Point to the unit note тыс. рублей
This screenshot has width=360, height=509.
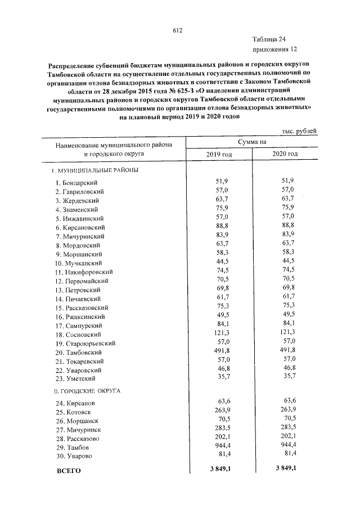(299, 130)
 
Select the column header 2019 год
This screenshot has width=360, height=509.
(219, 154)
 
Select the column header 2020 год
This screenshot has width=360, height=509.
(285, 154)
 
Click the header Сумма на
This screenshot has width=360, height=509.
(252, 142)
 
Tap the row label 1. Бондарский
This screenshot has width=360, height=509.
(77, 183)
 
